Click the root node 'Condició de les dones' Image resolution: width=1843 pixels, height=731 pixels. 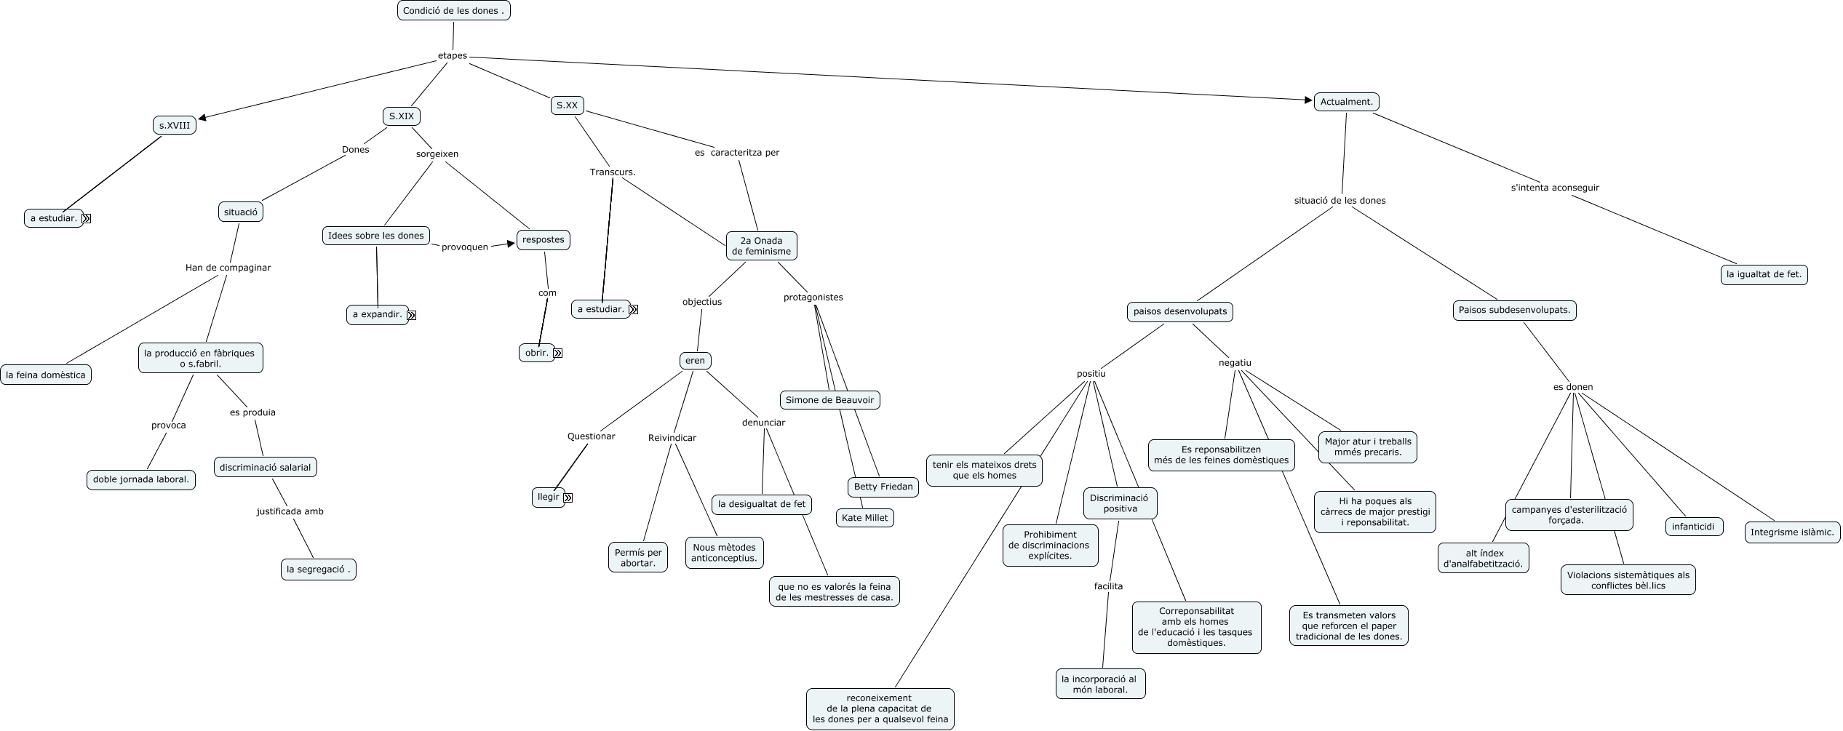(x=453, y=11)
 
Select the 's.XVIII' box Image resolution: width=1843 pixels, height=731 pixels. (x=175, y=126)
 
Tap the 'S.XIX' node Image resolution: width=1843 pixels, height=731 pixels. (x=401, y=116)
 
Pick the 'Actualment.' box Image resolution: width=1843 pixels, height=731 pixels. (x=1346, y=102)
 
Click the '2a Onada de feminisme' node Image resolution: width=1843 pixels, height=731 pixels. (x=761, y=246)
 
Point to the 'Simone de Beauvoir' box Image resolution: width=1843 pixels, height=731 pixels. (x=829, y=400)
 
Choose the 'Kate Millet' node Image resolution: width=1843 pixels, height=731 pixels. (x=864, y=518)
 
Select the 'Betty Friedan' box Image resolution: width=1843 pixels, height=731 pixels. (x=883, y=487)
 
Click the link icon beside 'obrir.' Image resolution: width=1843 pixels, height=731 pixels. (x=558, y=353)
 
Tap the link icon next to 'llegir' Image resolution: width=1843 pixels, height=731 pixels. (x=568, y=498)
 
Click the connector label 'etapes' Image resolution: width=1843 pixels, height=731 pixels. (x=452, y=56)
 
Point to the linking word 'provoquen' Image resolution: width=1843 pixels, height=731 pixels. (x=464, y=247)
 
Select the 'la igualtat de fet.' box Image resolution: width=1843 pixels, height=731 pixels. (x=1764, y=274)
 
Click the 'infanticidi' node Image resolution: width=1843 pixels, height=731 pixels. (x=1693, y=527)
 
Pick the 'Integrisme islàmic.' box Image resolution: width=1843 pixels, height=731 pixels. (x=1791, y=532)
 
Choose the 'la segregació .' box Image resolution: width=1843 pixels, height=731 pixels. (x=318, y=570)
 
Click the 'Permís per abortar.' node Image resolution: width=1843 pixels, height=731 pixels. (x=638, y=558)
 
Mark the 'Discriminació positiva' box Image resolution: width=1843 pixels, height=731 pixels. (x=1120, y=503)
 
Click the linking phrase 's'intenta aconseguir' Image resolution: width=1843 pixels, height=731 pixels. (x=1555, y=188)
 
